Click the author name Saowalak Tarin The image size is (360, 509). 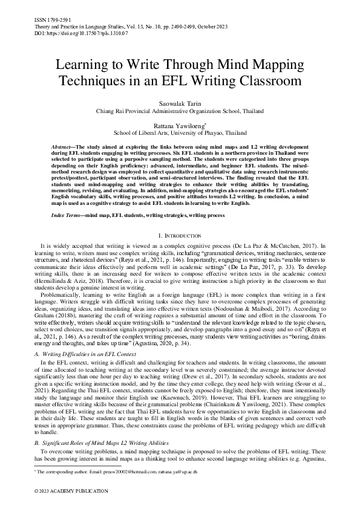180,103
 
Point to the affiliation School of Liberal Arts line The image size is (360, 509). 180,132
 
